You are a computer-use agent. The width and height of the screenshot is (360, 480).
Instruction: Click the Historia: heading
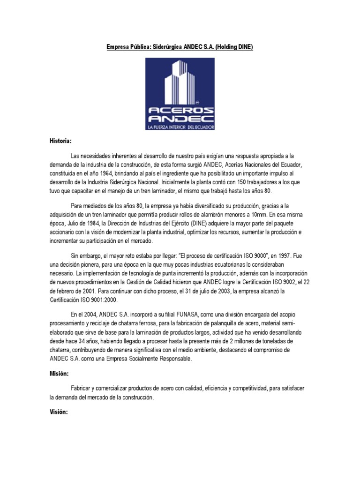(61, 141)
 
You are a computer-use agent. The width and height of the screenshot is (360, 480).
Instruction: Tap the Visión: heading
(59, 412)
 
